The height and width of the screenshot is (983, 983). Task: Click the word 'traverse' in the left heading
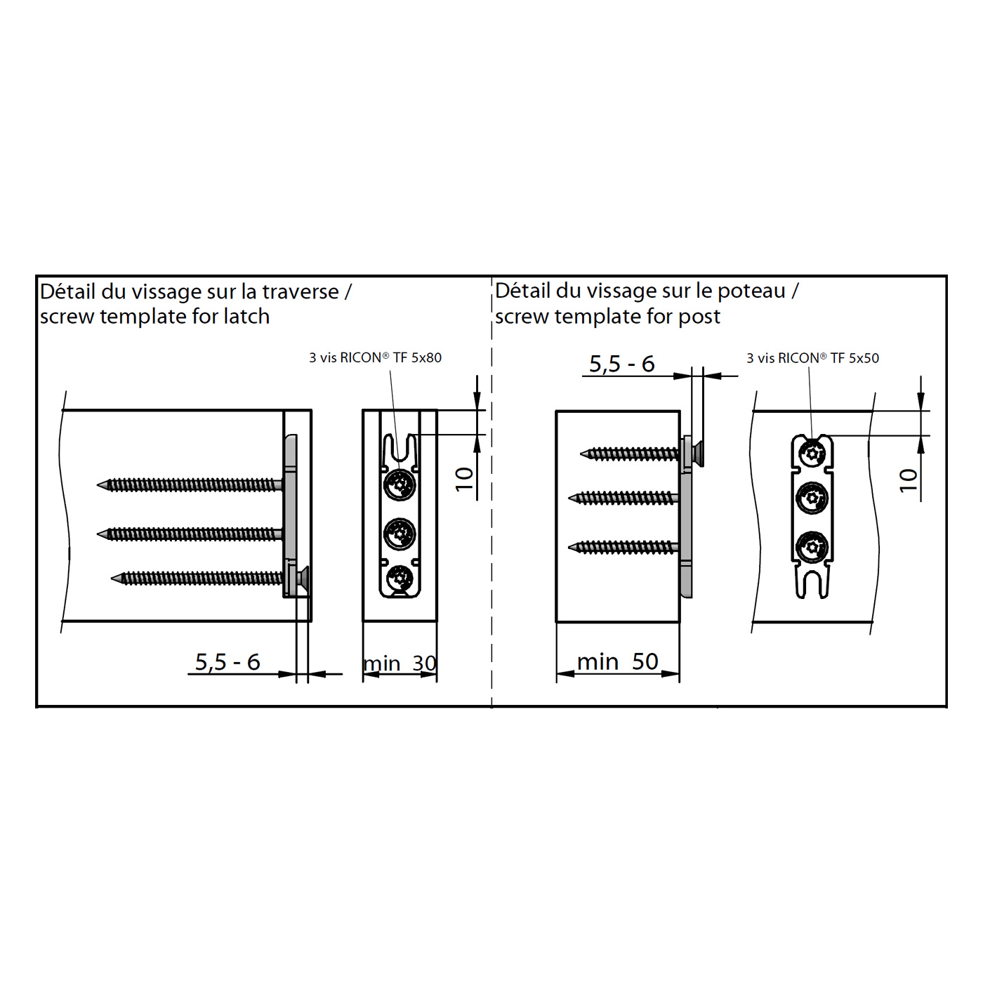coord(301,292)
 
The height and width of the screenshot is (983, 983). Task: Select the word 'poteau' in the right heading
coord(751,291)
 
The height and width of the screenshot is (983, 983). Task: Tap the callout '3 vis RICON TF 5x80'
coord(375,357)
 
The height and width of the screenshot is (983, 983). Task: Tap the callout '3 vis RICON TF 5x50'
coord(812,358)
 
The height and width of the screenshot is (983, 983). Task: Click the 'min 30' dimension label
coord(400,663)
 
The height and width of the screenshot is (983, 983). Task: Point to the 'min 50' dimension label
coord(617,661)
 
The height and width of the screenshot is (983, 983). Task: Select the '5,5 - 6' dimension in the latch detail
coord(227,662)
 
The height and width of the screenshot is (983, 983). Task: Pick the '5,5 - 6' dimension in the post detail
coord(622,364)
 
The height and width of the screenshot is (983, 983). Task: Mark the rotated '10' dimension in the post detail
coord(909,480)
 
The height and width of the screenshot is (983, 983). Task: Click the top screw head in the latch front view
coord(400,485)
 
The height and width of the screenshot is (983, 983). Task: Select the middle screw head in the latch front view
coord(400,534)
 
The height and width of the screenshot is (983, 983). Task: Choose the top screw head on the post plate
coord(812,453)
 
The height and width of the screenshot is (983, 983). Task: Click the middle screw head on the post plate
coord(812,497)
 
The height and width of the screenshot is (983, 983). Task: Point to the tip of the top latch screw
coord(98,485)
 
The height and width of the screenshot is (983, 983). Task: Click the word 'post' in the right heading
coord(699,317)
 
